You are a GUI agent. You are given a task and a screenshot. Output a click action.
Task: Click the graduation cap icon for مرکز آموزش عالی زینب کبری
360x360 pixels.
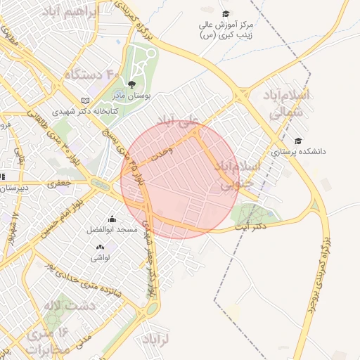[x=225, y=14]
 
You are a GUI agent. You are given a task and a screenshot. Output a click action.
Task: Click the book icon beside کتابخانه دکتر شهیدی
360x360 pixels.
[x=86, y=101]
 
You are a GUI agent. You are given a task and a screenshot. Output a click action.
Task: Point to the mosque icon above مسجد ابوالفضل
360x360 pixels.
[x=111, y=219]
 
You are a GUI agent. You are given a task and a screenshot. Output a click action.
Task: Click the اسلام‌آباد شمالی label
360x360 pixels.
[x=285, y=102]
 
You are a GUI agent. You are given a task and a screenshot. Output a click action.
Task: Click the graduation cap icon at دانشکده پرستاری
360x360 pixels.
[x=298, y=141]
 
